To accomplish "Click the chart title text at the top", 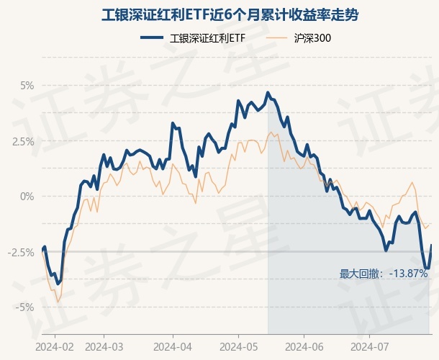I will (x=219, y=14).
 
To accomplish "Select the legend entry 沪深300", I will (x=312, y=38).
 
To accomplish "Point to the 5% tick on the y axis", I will (x=27, y=85).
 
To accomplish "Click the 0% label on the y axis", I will (x=27, y=196).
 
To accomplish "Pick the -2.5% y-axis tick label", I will (x=21, y=252).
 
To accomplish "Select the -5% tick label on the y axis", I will (x=25, y=307).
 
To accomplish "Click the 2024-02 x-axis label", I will (x=55, y=346).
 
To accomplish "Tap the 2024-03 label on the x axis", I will (x=104, y=346).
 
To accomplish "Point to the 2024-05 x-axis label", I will (x=241, y=346).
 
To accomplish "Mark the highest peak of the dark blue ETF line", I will (x=268, y=92).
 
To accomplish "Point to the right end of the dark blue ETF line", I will (x=431, y=246).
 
